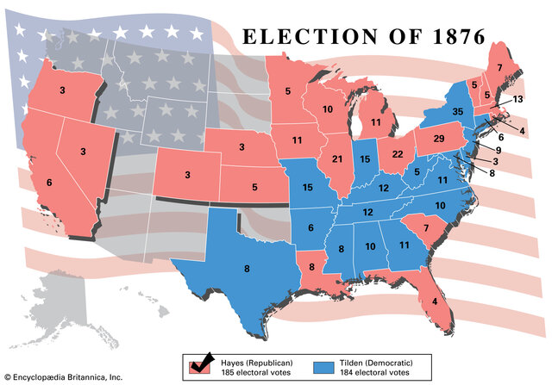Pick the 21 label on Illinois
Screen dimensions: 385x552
tap(337, 159)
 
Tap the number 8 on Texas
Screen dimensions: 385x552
tap(247, 268)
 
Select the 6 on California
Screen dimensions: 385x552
tap(48, 183)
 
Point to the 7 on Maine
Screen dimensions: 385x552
tap(499, 67)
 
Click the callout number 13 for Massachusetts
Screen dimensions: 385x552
tap(517, 100)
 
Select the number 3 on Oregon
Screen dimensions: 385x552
tap(62, 90)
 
